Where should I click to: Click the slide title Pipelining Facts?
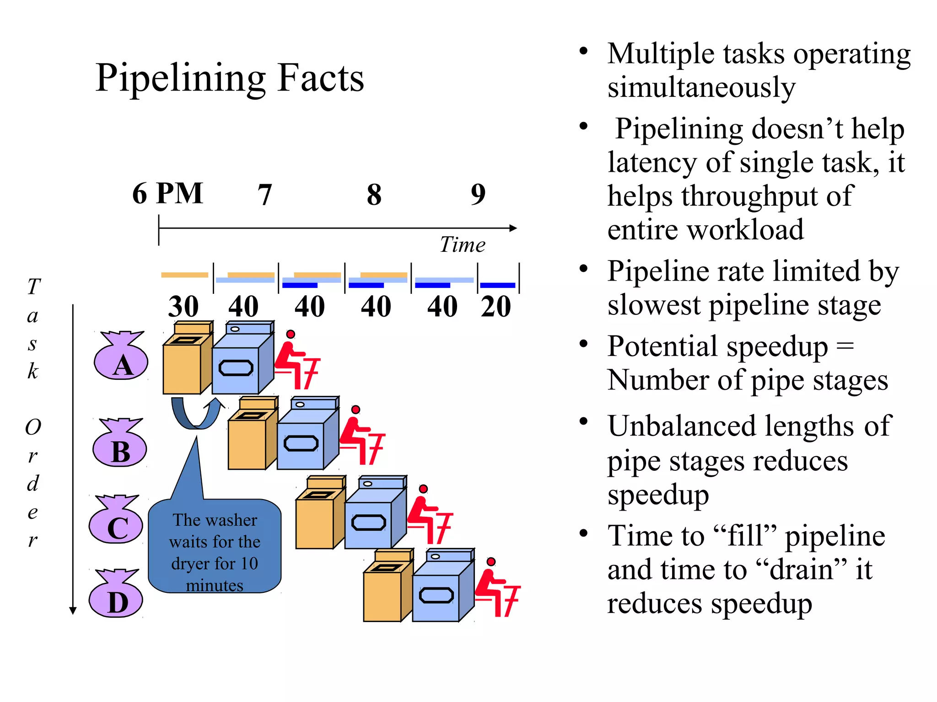230,78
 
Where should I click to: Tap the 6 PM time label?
167,193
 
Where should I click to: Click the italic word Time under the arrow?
462,245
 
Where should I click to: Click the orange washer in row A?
187,361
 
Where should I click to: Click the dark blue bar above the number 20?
498,285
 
